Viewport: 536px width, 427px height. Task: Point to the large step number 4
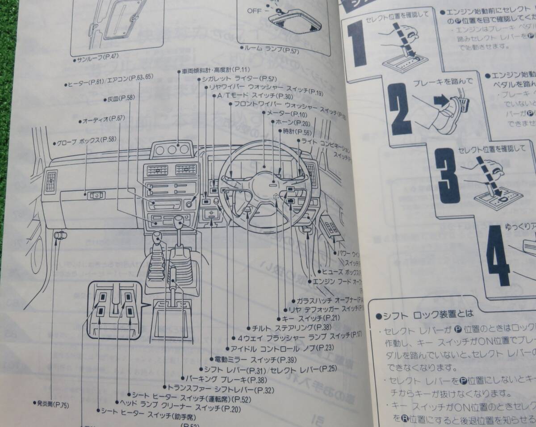(498, 255)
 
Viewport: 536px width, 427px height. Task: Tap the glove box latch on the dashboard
(95, 195)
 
